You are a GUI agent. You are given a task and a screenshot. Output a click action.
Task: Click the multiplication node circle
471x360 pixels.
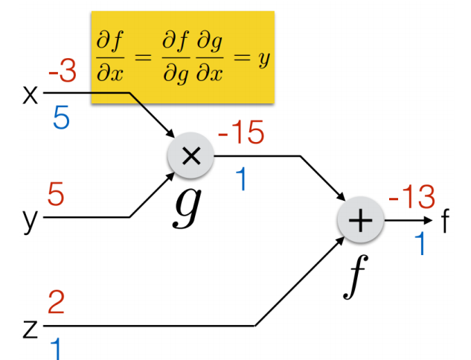[x=191, y=155]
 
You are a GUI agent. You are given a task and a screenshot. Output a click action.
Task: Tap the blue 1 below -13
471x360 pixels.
[x=420, y=244]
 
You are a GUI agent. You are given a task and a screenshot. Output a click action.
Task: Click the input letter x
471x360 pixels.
[x=31, y=96]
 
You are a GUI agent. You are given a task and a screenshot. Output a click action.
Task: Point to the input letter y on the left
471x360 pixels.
[x=30, y=221]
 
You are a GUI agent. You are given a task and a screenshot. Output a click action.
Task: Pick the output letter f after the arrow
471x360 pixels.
[x=446, y=221]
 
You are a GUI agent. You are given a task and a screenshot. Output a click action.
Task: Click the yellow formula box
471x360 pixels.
[x=182, y=57]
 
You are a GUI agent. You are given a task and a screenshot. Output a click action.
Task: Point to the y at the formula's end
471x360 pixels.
[x=262, y=60]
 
